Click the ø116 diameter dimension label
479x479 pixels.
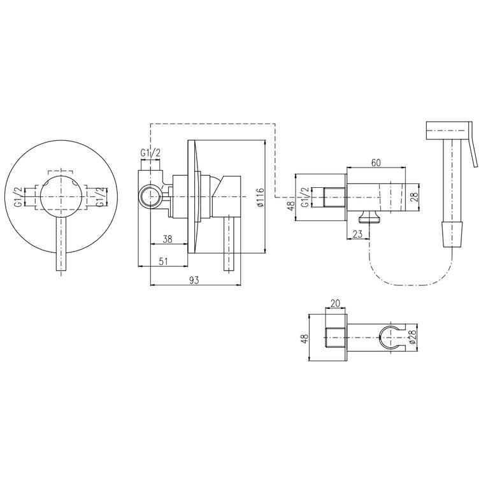[x=260, y=197]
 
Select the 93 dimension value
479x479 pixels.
[x=194, y=280]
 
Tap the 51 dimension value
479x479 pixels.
[x=164, y=261]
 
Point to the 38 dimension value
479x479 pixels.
[x=167, y=239]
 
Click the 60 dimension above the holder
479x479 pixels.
[x=376, y=163]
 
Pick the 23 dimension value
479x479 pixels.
[x=357, y=234]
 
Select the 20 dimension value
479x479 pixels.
[x=335, y=303]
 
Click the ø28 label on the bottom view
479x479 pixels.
[x=412, y=338]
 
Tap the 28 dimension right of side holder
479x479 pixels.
[x=414, y=197]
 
